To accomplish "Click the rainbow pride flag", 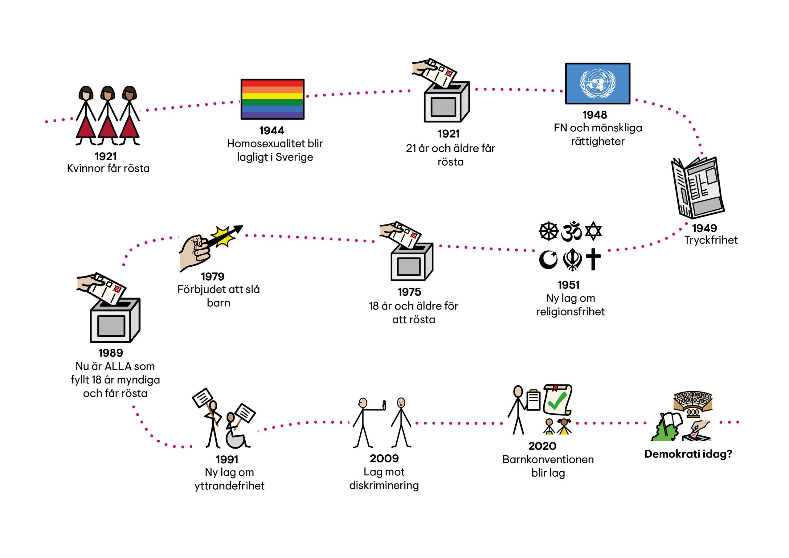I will [x=272, y=99].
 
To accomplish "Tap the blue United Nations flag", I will [x=598, y=83].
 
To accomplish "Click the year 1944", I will [x=272, y=131].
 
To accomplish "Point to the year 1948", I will [x=595, y=115].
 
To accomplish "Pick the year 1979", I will [x=212, y=277].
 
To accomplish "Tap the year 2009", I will [x=384, y=458].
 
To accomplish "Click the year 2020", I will [x=542, y=446].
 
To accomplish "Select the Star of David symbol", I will [x=594, y=231].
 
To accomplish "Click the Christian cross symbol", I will [x=594, y=259].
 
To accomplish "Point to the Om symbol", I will [x=571, y=231].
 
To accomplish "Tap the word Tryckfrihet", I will [x=711, y=240].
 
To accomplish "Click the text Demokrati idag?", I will [x=688, y=454].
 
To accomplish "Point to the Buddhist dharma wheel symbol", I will [x=549, y=231].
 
